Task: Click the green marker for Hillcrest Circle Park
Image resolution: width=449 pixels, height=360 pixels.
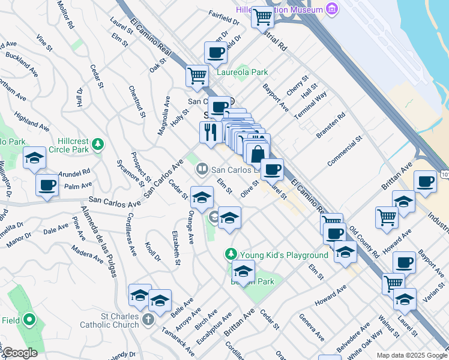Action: [x=97, y=145]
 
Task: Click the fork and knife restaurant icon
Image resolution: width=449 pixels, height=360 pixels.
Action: [x=210, y=131]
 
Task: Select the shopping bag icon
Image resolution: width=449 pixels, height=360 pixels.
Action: [x=258, y=154]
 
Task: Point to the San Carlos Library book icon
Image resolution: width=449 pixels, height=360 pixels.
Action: [x=202, y=170]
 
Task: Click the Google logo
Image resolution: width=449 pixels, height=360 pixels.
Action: [x=19, y=353]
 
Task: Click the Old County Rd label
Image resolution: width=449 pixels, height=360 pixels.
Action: [x=364, y=242]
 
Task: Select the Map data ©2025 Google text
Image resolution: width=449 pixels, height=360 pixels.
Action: [x=411, y=355]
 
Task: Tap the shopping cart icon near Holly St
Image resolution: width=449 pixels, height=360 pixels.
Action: [x=196, y=76]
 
